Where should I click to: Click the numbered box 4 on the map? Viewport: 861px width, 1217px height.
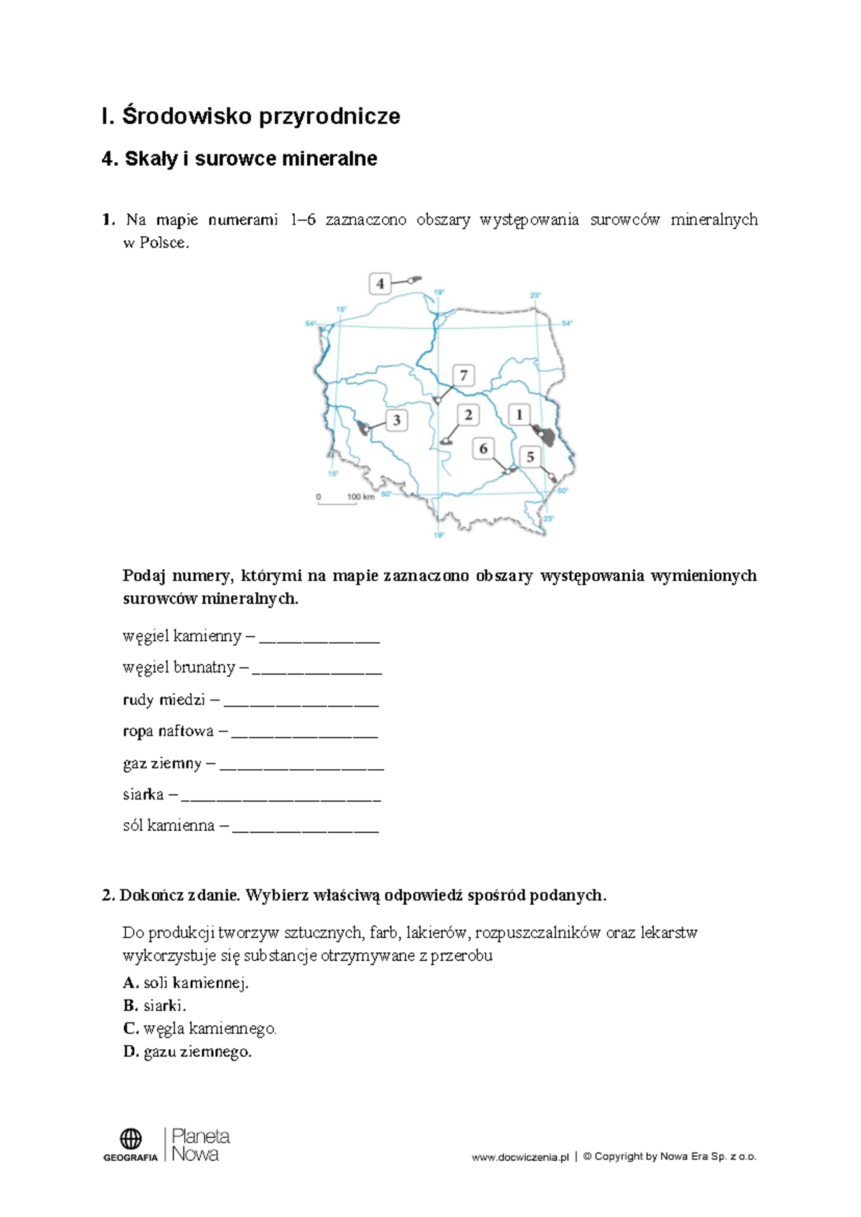380,283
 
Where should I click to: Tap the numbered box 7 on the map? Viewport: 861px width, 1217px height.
464,375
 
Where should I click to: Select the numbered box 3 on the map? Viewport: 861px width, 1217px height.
396,420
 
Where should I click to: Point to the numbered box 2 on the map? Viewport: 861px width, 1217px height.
468,415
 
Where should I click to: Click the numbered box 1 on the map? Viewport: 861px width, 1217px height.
519,415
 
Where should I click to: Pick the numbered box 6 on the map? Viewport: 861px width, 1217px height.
483,449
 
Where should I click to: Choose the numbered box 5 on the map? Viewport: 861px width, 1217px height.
530,457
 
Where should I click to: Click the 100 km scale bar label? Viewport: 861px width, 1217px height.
360,497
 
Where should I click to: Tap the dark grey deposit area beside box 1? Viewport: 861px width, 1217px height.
546,435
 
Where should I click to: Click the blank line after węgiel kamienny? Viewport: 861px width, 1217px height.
319,637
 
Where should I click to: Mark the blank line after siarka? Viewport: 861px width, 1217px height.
281,796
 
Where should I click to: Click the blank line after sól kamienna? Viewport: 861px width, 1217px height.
306,827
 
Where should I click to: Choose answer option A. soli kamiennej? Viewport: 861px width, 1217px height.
186,983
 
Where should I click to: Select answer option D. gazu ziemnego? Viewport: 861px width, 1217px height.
187,1052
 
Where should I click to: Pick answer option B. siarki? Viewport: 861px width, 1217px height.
155,1006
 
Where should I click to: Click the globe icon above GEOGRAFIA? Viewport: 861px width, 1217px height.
131,1138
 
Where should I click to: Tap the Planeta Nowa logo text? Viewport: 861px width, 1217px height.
200,1145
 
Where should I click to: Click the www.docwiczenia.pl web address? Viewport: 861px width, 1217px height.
519,1157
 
